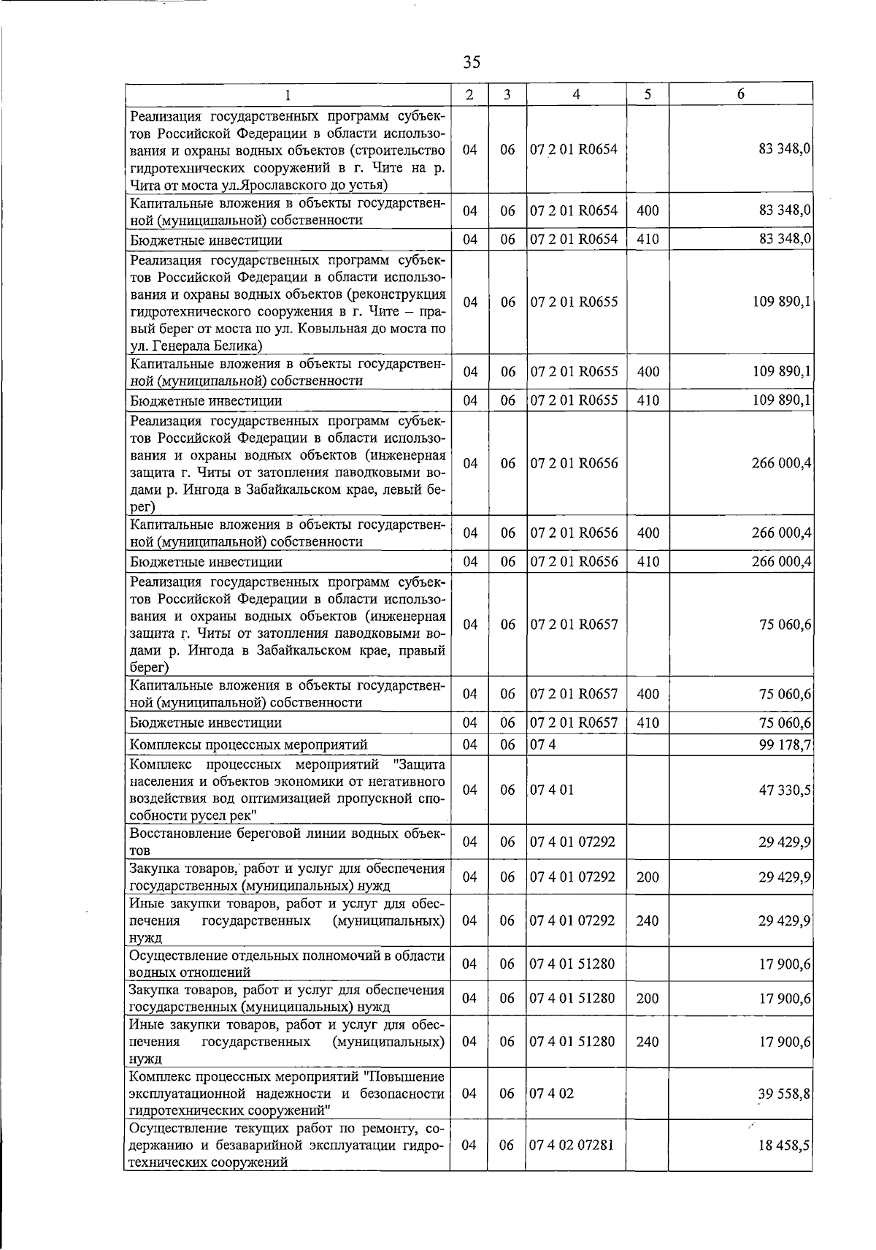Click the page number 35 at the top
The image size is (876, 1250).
click(472, 62)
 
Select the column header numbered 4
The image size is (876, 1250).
click(576, 94)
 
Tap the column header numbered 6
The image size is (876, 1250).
click(740, 94)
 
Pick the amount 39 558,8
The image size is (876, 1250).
click(785, 1094)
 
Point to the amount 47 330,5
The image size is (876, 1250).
click(785, 790)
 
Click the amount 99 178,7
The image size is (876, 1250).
click(785, 744)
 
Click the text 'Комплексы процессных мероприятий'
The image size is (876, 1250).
click(248, 744)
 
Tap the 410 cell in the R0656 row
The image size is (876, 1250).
click(648, 562)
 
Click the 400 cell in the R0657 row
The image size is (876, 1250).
click(648, 694)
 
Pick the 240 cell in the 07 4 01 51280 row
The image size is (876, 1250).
click(648, 1042)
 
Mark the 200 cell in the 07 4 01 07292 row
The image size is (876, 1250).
click(648, 877)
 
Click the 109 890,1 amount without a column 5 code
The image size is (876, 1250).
click(781, 302)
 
